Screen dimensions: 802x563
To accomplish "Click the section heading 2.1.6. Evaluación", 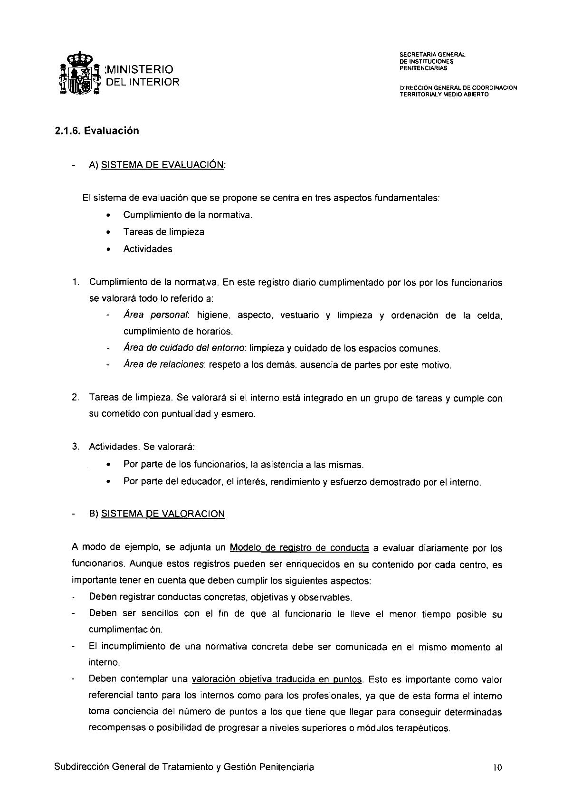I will coord(97,131).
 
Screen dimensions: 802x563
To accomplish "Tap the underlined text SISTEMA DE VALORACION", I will coord(163,514).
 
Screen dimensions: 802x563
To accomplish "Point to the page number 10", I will coord(497,767).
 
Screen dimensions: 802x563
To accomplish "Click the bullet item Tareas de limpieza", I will coord(163,232).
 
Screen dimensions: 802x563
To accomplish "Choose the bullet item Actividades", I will coord(148,249).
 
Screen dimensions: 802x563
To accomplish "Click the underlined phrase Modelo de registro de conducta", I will coord(299,548).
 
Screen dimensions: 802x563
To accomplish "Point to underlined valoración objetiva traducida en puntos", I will coord(277,679).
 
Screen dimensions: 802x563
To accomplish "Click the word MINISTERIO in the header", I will coord(139,70).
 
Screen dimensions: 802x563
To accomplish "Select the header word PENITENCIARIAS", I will coord(423,67).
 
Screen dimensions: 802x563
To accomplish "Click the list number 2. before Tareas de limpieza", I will coord(76,398).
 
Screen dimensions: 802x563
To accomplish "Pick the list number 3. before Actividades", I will coord(76,447).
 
